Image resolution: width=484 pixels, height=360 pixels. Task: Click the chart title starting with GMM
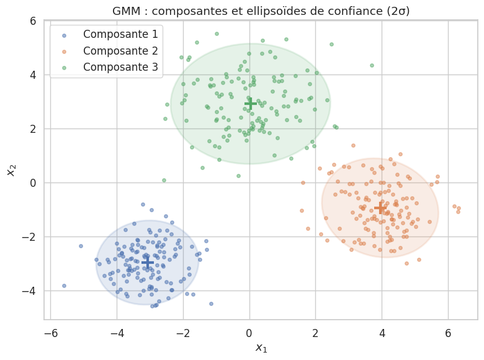click(261, 11)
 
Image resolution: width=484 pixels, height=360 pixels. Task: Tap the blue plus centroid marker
click(148, 263)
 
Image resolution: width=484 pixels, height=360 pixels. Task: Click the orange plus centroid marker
click(380, 207)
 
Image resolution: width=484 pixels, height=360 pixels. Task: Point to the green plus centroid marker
click(250, 103)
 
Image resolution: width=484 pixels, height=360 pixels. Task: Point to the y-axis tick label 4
click(32, 75)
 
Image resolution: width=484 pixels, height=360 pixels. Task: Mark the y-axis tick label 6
click(32, 21)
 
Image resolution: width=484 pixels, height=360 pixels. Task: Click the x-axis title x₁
click(261, 348)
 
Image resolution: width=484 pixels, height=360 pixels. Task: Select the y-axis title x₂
click(11, 166)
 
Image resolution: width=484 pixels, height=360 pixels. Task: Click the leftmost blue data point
click(64, 286)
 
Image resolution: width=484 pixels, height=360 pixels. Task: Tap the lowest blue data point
click(152, 306)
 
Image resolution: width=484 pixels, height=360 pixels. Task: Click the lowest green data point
click(164, 180)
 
